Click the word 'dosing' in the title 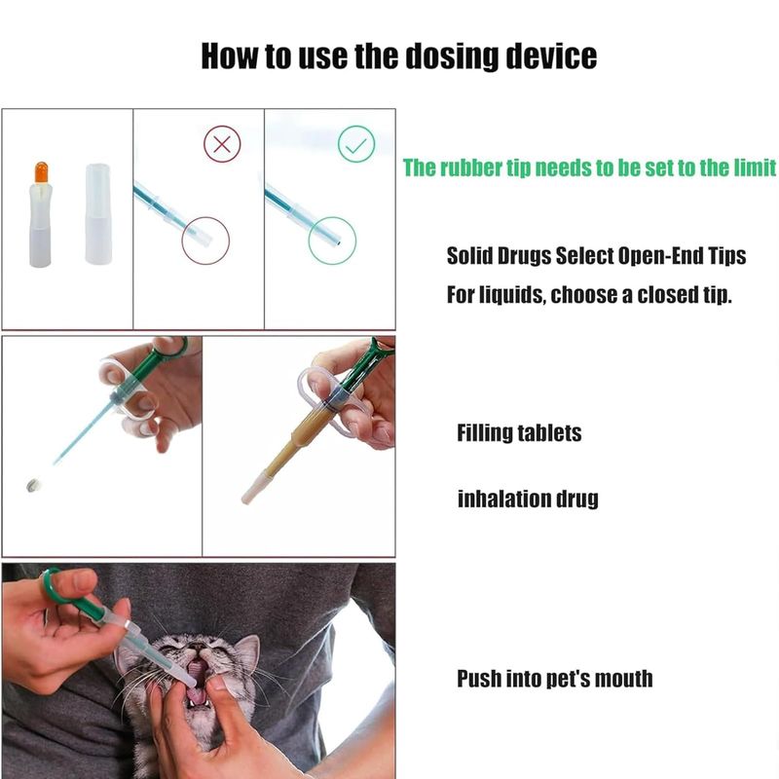point(452,56)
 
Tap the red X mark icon point(222,144)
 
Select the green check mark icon point(356,144)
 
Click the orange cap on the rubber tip point(41,172)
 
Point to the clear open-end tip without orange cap point(98,213)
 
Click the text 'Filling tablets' point(519,433)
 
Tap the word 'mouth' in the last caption point(623,679)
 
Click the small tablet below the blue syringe point(33,485)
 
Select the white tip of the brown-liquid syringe point(257,489)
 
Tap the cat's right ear point(246,651)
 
